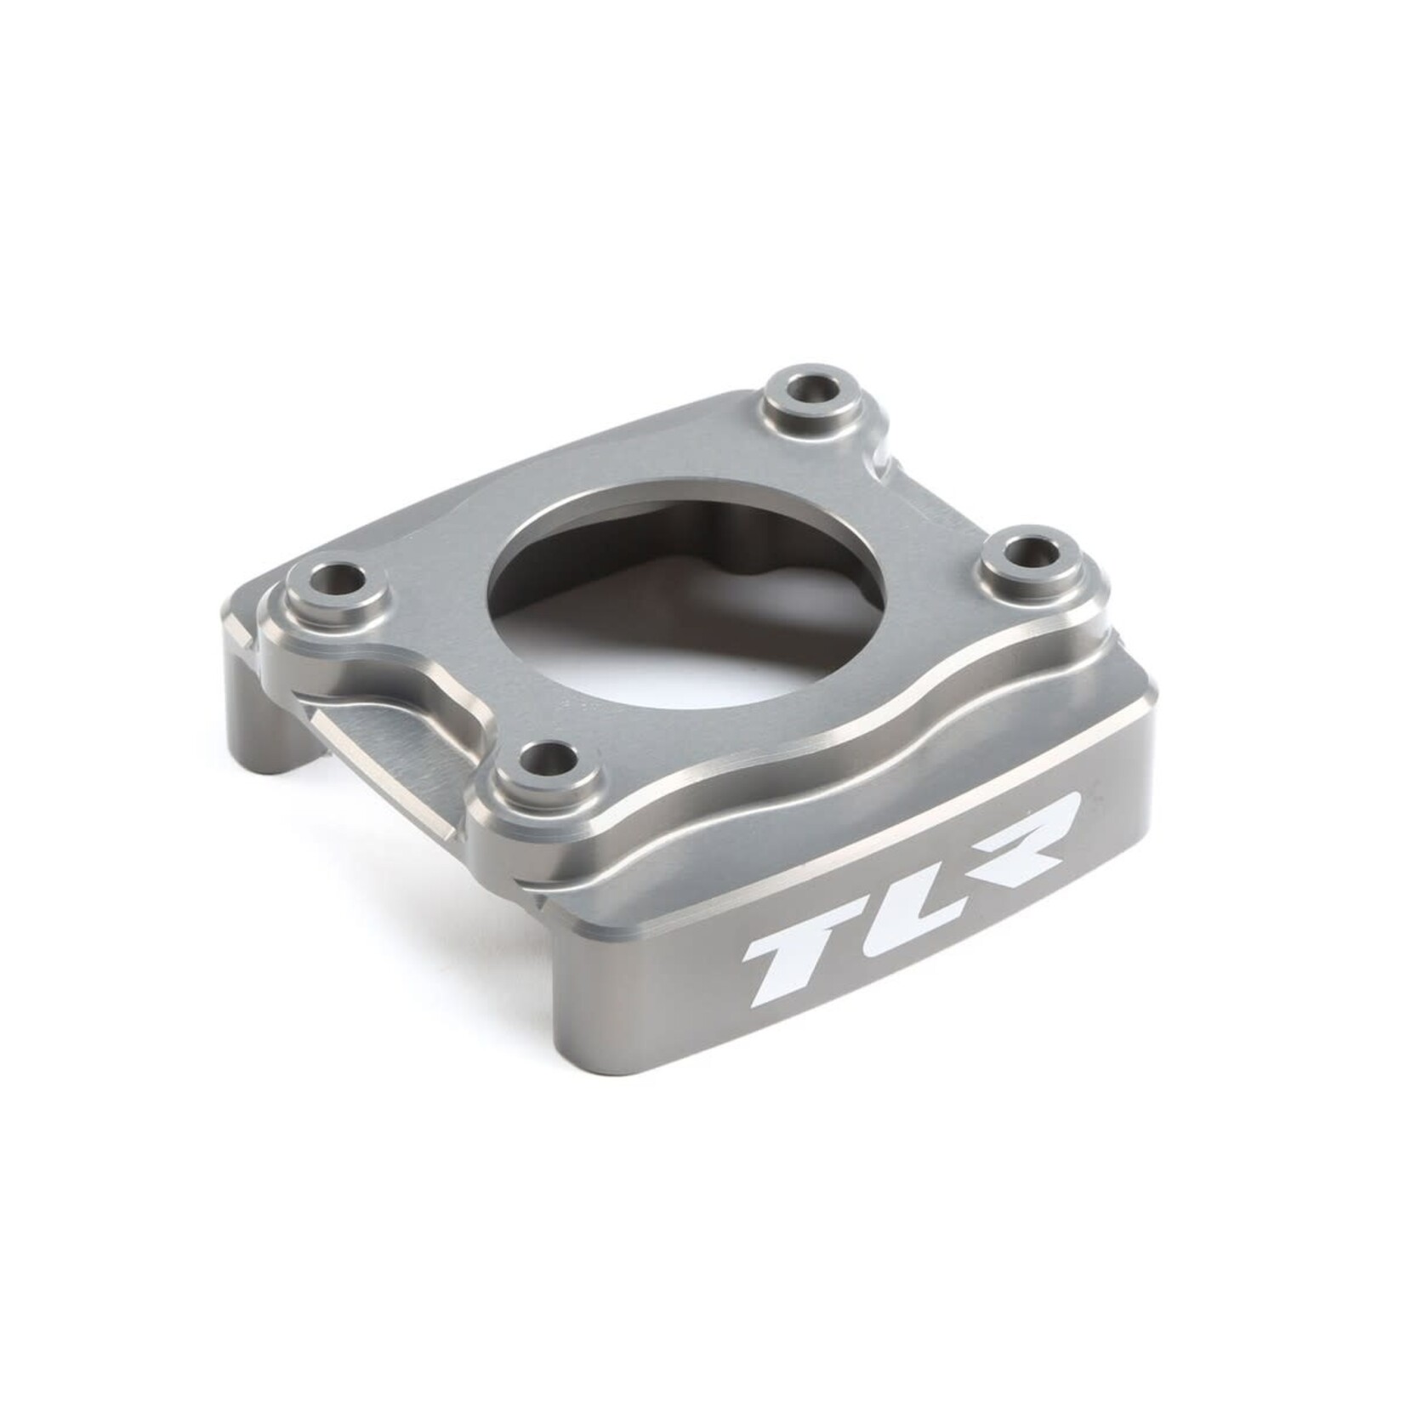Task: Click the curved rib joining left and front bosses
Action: coord(442,672)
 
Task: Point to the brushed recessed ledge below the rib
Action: coord(408,748)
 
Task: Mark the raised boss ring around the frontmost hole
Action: coord(510,765)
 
